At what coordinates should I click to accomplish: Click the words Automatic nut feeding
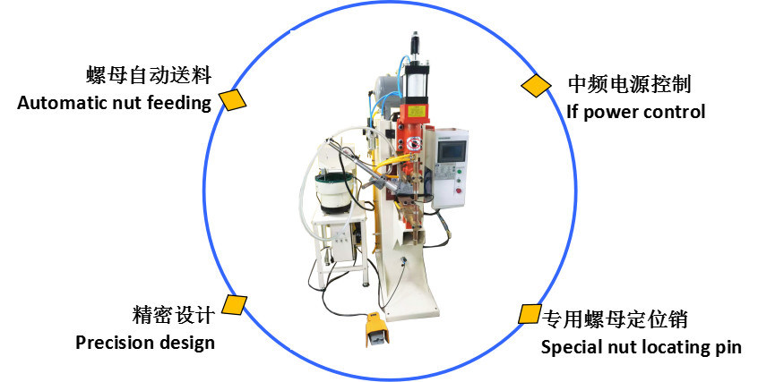pos(114,103)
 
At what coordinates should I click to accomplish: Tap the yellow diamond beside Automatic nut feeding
pos(234,99)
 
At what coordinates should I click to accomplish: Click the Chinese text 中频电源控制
pos(629,86)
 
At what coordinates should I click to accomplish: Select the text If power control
pos(635,113)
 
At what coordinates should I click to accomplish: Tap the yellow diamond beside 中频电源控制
pos(537,85)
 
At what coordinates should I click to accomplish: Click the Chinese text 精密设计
pos(172,315)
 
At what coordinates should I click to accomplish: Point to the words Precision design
pos(145,343)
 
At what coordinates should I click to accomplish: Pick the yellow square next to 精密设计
pos(235,305)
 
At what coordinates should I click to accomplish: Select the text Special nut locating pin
pos(641,347)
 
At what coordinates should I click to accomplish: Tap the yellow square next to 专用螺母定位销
pos(529,314)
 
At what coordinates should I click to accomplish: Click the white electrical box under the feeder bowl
pos(341,242)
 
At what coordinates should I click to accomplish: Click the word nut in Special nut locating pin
pos(616,347)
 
